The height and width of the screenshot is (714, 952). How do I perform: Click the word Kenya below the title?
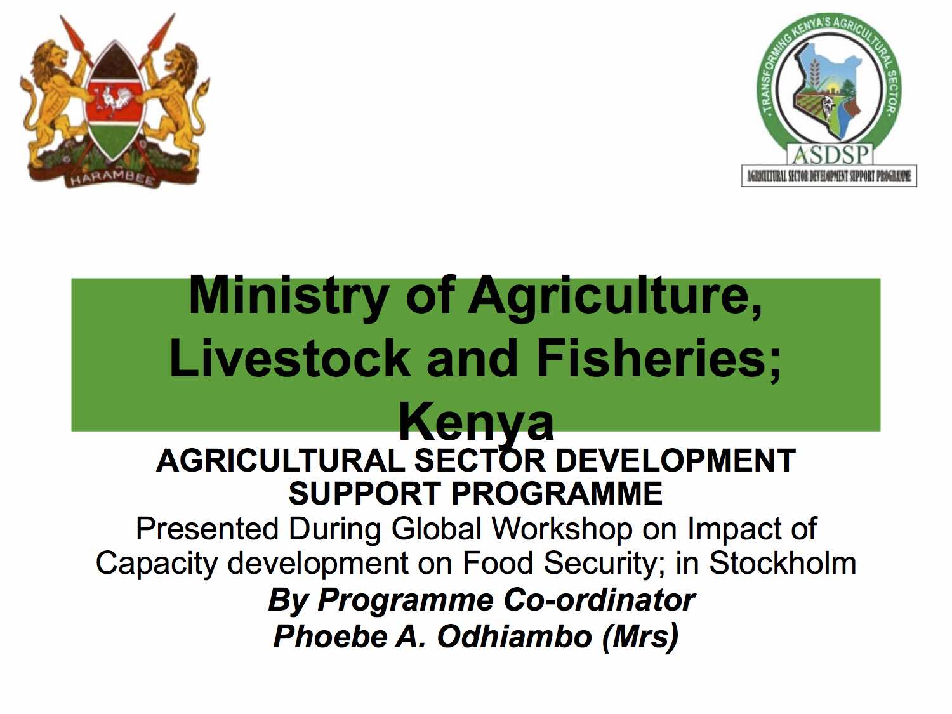pyautogui.click(x=476, y=421)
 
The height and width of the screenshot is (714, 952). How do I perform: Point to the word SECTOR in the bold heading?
pyautogui.click(x=480, y=460)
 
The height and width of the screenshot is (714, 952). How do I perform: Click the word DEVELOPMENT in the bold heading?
pyautogui.click(x=675, y=460)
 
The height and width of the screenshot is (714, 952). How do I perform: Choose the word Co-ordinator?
pyautogui.click(x=599, y=600)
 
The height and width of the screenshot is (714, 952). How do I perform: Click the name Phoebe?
pyautogui.click(x=330, y=636)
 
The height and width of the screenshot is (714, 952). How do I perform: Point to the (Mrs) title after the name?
pyautogui.click(x=640, y=637)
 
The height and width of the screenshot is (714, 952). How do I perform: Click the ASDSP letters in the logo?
pyautogui.click(x=829, y=154)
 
